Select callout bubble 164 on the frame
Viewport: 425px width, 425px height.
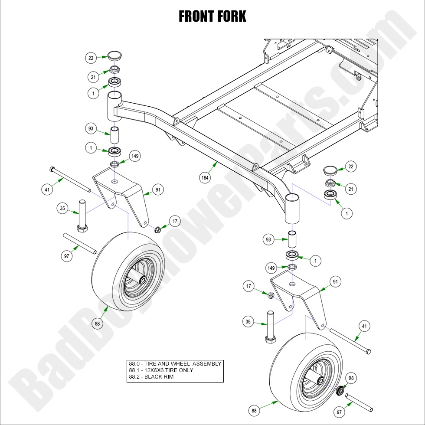(x=204, y=178)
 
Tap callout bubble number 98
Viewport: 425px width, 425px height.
(x=351, y=378)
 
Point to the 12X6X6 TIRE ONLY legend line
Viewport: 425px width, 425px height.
(x=161, y=370)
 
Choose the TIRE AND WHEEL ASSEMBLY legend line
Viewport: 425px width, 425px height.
(x=175, y=364)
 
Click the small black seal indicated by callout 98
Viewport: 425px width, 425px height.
(x=340, y=390)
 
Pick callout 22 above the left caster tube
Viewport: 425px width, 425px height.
(x=90, y=57)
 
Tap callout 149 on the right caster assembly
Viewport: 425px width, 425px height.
(x=271, y=268)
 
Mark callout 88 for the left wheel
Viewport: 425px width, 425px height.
(x=97, y=323)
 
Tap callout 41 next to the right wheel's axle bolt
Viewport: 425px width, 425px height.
(x=364, y=326)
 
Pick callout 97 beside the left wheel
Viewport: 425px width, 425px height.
(x=66, y=256)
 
